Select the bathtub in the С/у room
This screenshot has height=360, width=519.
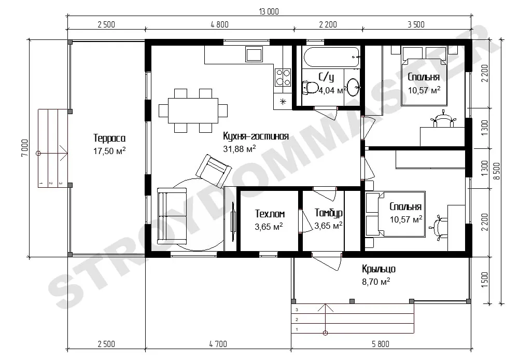[331, 57]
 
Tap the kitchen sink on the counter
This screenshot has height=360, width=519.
[254, 54]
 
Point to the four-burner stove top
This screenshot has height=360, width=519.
[283, 77]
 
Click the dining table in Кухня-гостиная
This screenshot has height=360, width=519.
[193, 110]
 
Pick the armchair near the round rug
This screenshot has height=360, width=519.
[214, 171]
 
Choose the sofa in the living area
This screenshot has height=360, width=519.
[172, 216]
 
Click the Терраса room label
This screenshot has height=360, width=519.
[109, 138]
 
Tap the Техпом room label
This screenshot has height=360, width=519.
[270, 214]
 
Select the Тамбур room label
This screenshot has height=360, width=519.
[328, 213]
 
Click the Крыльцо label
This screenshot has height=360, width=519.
[378, 269]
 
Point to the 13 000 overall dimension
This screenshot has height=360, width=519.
[269, 12]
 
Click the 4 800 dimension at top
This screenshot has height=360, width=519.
[219, 24]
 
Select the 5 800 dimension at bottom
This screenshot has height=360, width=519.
[381, 344]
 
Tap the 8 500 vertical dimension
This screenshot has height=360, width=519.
[497, 171]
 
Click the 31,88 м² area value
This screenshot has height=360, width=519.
[240, 149]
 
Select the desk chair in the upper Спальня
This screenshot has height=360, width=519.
[443, 119]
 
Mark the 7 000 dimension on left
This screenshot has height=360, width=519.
[25, 148]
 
